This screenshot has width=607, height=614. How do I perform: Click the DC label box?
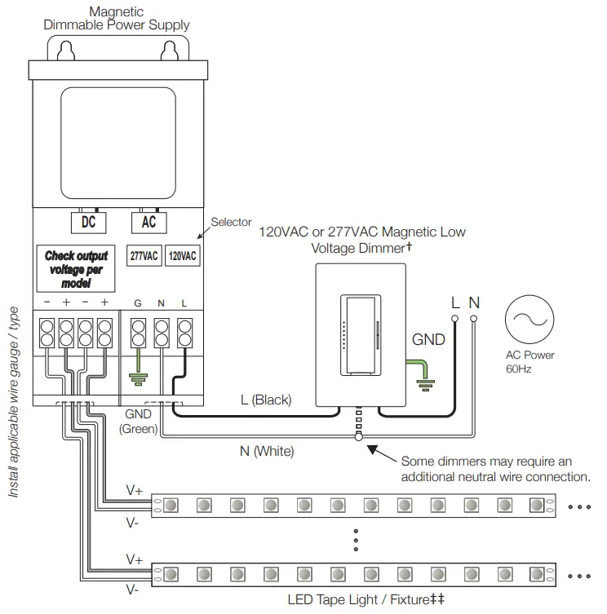[89, 222]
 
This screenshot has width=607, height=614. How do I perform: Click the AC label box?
[148, 222]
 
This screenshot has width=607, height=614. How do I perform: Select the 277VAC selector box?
[144, 255]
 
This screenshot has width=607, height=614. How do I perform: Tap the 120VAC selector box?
[182, 255]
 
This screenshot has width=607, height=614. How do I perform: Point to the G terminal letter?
[138, 303]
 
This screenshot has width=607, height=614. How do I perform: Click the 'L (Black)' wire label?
[266, 400]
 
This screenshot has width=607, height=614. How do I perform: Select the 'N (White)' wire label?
[268, 450]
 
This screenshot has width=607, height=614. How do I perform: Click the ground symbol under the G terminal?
[138, 377]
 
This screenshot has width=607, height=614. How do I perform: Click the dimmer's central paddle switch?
[359, 335]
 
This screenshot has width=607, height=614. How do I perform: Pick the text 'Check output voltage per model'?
[76, 269]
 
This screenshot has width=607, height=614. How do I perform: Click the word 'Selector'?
[232, 222]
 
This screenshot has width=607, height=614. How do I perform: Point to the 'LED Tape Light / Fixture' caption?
[366, 599]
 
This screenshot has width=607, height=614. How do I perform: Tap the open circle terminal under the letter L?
[455, 318]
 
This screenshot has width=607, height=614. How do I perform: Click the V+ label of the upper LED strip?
[135, 490]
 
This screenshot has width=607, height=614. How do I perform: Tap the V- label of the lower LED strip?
[132, 587]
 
